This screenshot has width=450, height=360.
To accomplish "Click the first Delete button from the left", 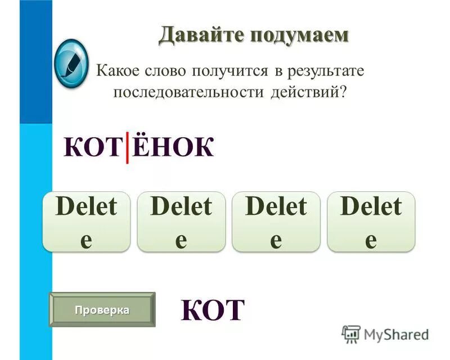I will [x=86, y=221].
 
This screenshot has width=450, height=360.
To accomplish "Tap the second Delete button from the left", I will [x=181, y=221].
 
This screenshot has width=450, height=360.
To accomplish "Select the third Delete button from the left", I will [x=276, y=221].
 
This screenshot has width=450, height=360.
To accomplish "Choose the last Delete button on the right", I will [x=371, y=221].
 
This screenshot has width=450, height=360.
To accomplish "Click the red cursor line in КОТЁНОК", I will [x=127, y=147].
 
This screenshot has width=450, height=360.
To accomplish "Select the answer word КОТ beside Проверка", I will [x=213, y=309].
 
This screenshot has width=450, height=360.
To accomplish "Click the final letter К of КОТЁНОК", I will [x=201, y=147].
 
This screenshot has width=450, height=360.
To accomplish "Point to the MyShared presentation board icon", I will [x=351, y=334].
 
